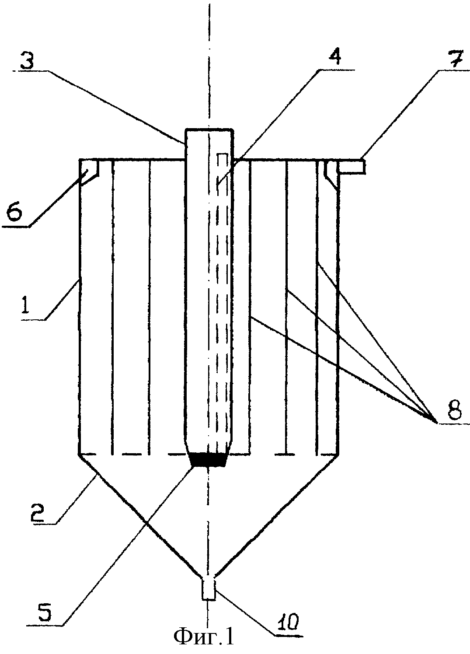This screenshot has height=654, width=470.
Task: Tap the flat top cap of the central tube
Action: tap(209, 129)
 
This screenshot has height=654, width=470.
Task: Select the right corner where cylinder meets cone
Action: tap(339, 454)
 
